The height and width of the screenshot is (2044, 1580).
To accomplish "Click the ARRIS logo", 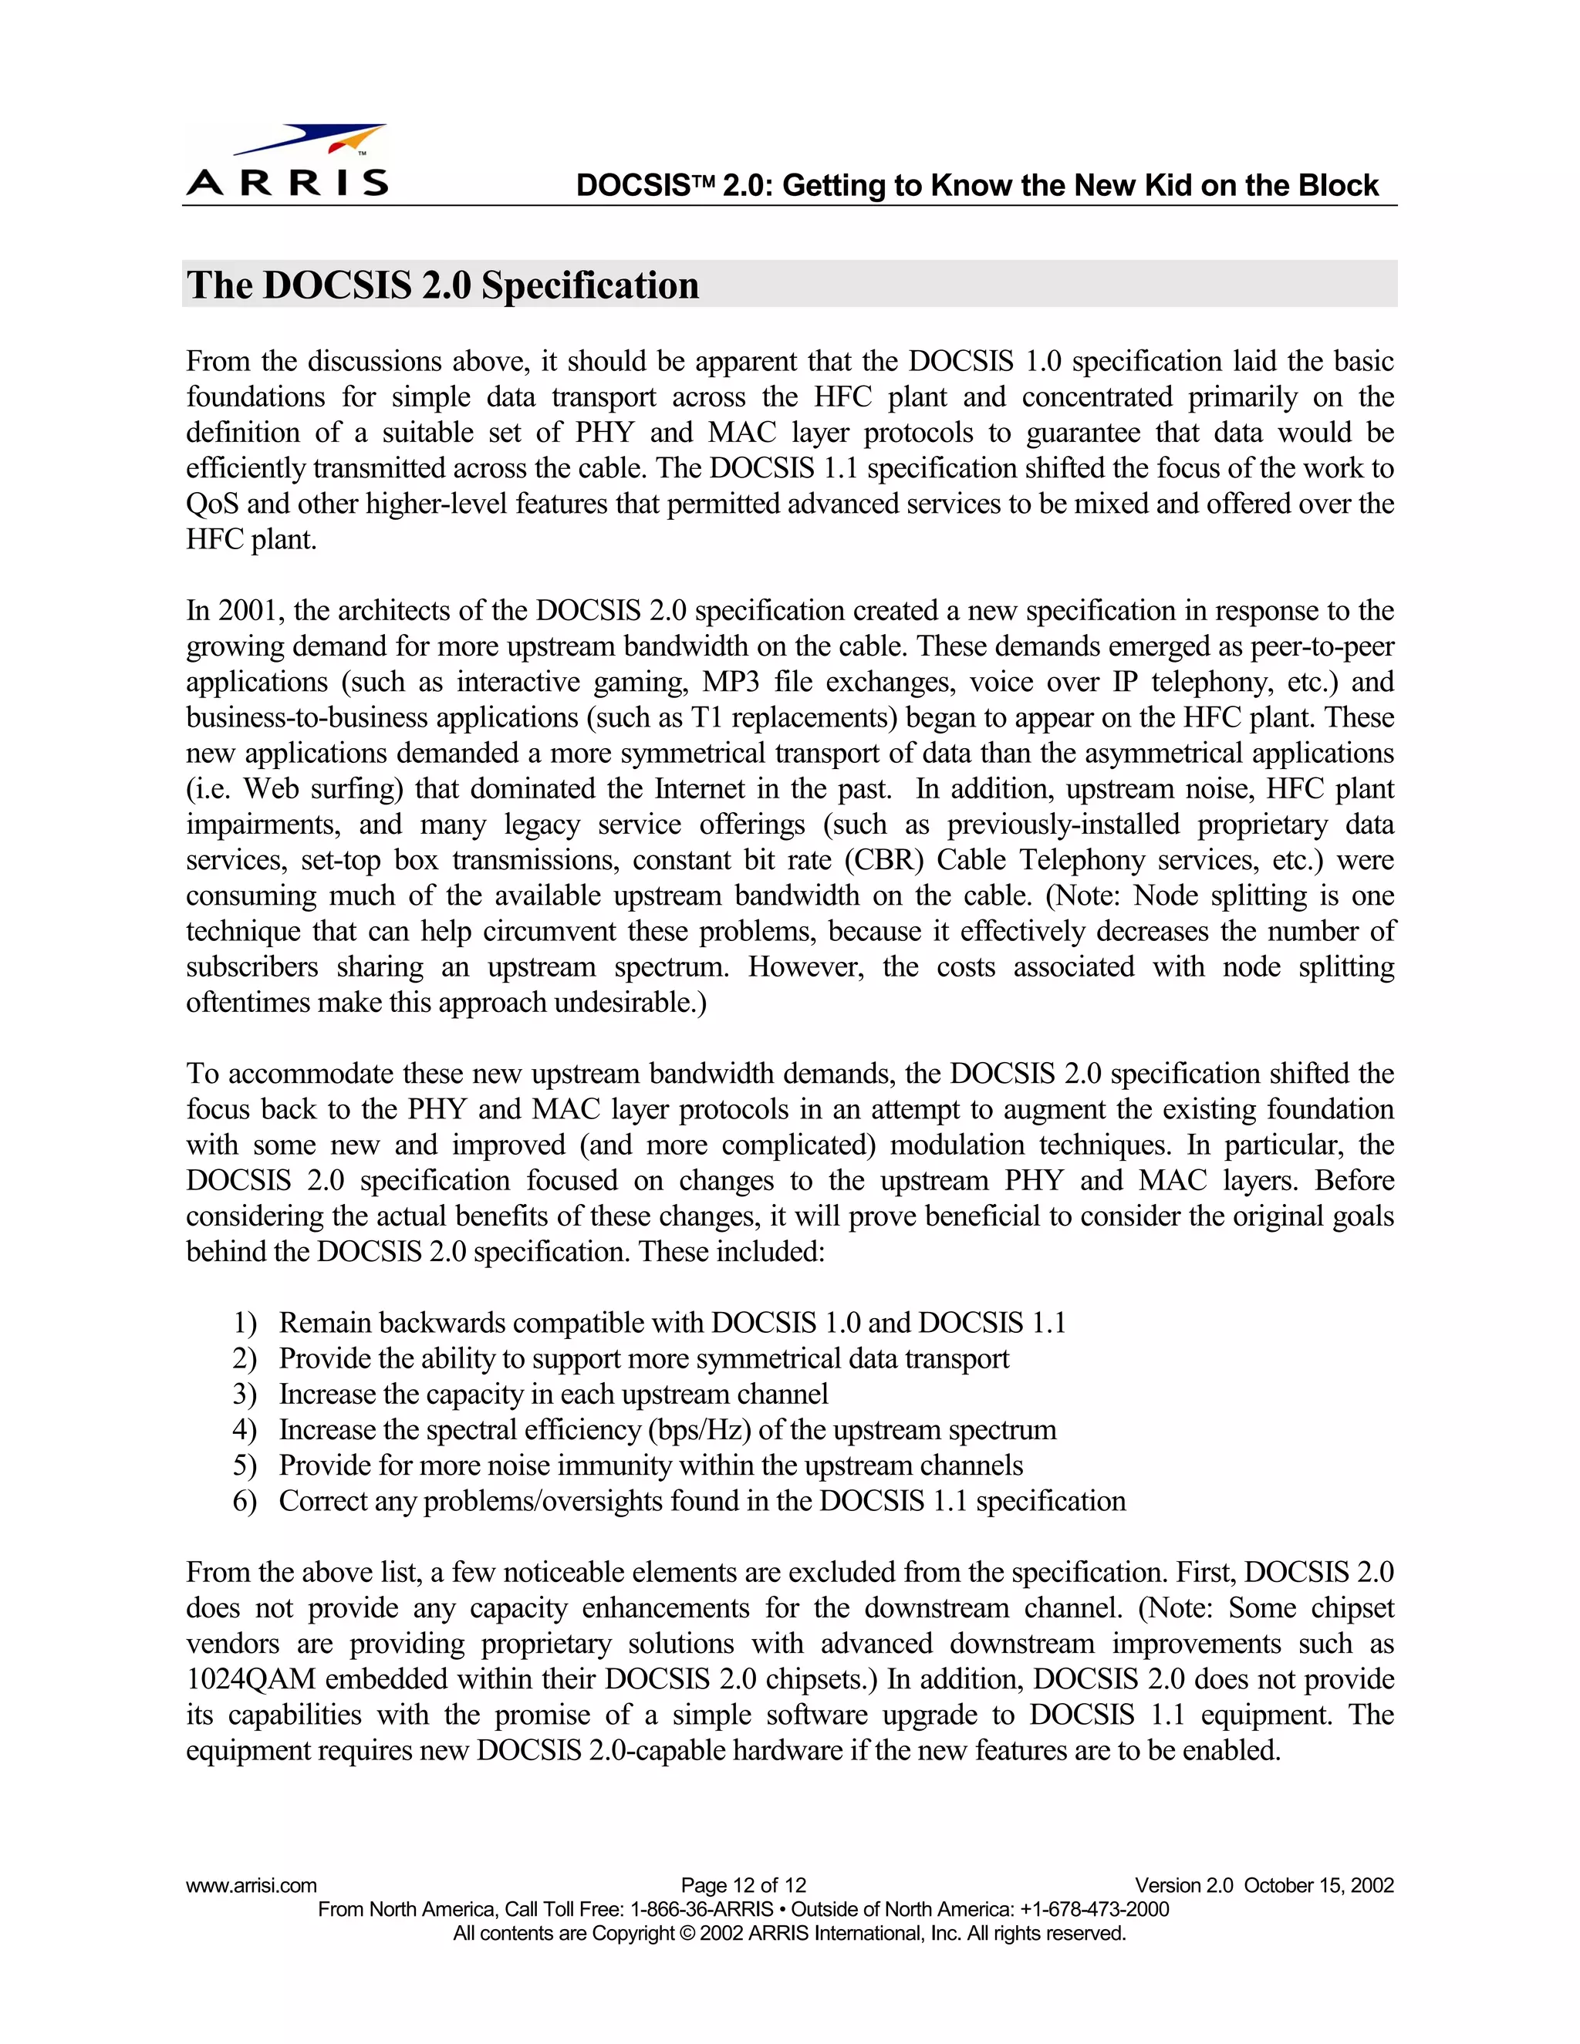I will click(x=287, y=161).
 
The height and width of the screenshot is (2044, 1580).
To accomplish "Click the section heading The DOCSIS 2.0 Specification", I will click(x=443, y=285).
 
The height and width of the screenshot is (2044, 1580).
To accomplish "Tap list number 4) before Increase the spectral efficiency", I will click(x=245, y=1429).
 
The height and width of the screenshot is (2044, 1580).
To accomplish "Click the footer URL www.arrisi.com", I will click(x=251, y=1885).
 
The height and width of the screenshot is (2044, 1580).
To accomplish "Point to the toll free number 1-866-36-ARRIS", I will click(x=702, y=1909).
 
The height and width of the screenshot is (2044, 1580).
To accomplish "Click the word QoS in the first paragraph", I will click(x=211, y=504).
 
